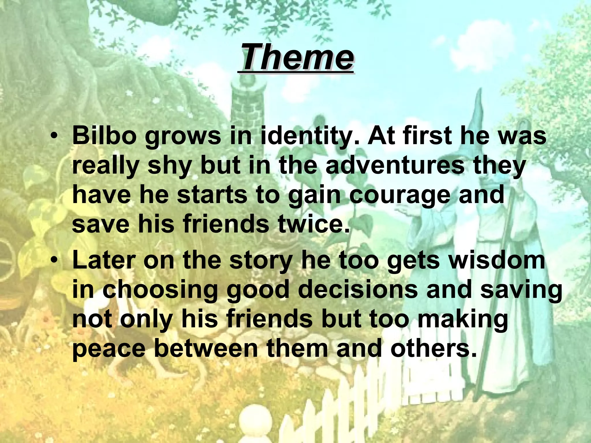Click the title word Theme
(x=296, y=57)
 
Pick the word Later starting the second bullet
(x=104, y=260)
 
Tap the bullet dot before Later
(x=54, y=260)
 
